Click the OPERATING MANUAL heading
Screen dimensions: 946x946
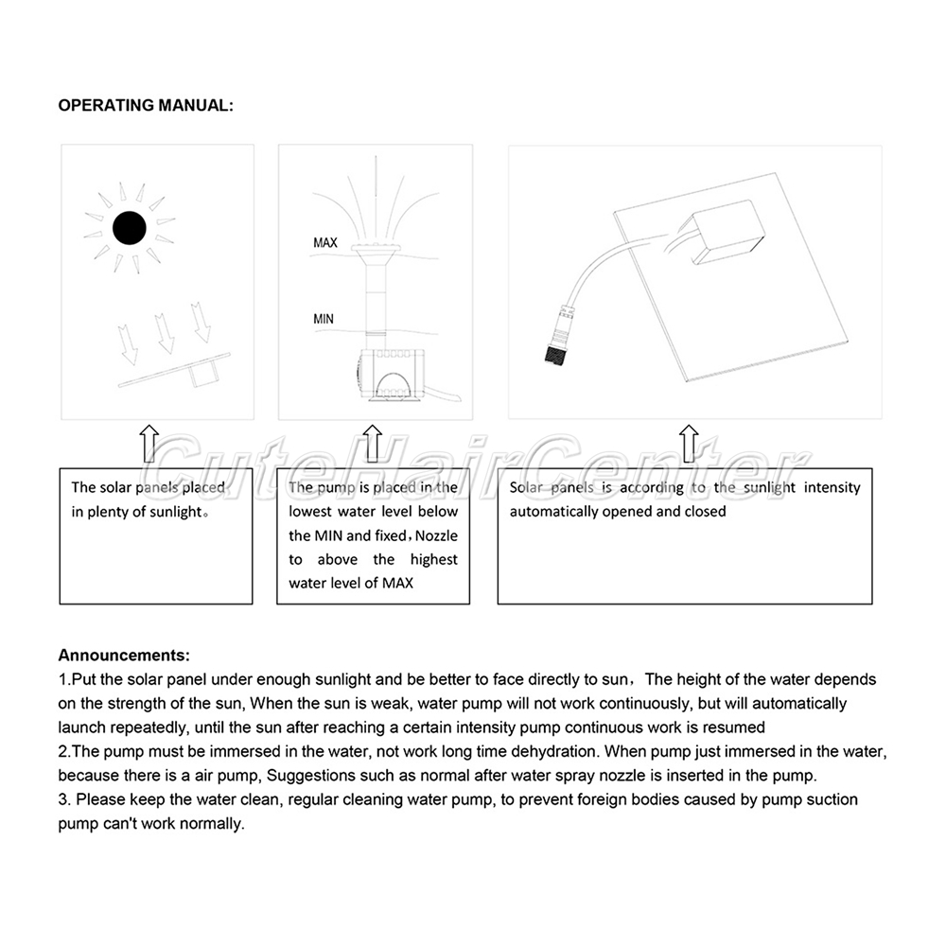tap(146, 105)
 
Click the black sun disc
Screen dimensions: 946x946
tap(129, 228)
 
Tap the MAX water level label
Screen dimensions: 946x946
tap(325, 243)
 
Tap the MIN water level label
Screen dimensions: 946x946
tap(324, 319)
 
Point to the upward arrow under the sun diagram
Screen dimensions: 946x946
tap(149, 443)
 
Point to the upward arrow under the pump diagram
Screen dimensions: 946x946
tap(372, 443)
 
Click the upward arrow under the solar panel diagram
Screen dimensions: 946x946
tap(688, 443)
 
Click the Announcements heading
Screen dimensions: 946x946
tap(124, 655)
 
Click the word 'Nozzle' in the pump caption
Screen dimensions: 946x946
tap(436, 535)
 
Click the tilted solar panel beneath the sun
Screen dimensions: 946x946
tap(175, 370)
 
